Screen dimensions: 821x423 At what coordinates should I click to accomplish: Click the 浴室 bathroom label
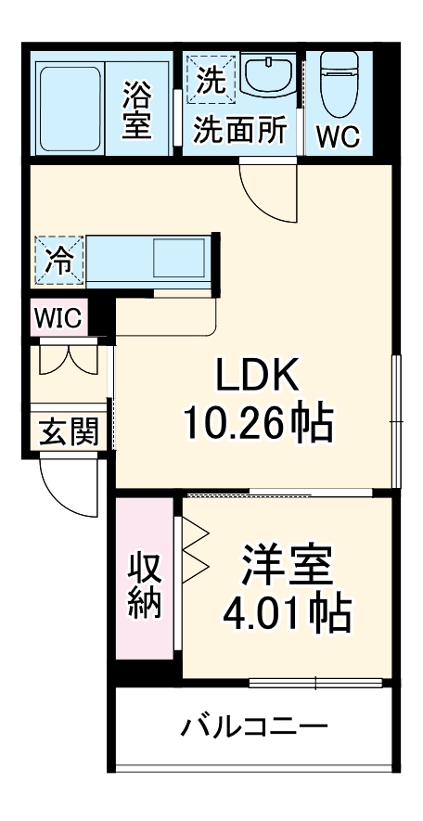click(137, 109)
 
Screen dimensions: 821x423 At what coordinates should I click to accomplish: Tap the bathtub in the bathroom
click(70, 104)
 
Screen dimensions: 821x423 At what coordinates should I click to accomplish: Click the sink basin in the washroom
click(270, 74)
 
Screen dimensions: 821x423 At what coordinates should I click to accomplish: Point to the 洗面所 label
click(239, 132)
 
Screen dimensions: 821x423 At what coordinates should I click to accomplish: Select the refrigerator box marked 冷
click(58, 260)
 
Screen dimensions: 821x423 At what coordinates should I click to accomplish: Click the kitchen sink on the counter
click(177, 257)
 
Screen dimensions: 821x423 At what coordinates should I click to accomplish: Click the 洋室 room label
click(287, 565)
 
